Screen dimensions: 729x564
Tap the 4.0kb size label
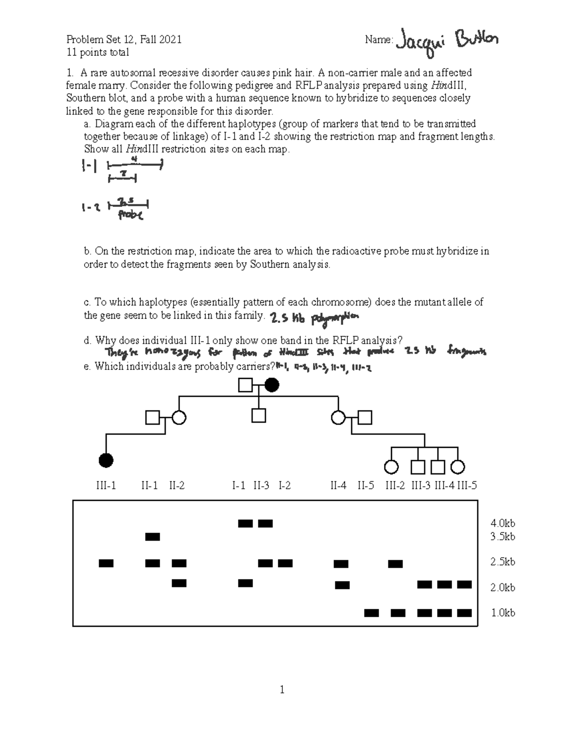(x=502, y=523)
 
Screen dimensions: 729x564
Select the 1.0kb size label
(x=502, y=613)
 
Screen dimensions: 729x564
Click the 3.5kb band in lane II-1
(x=153, y=537)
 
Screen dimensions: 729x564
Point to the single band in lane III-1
(x=106, y=563)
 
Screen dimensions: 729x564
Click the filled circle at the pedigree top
(x=272, y=385)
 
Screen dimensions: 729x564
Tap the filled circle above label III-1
(x=106, y=461)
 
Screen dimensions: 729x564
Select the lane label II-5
(x=366, y=486)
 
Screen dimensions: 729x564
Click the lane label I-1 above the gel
(x=239, y=486)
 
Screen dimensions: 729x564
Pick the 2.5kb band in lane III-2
(x=395, y=564)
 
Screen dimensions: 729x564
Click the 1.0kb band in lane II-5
(x=371, y=613)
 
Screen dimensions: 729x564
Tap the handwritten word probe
(x=130, y=215)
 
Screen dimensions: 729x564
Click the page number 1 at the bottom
(x=282, y=690)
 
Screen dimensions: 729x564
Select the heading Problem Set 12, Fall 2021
(x=124, y=39)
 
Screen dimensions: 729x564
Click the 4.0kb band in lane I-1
(x=245, y=523)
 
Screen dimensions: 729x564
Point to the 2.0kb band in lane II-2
(x=179, y=583)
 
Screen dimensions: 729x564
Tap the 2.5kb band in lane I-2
(x=285, y=563)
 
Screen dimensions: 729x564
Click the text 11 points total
(x=98, y=52)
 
